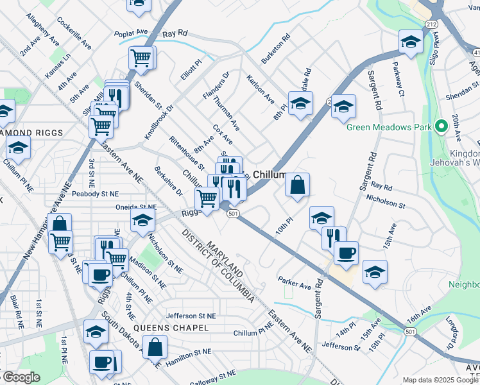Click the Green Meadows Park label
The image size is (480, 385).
[389, 126]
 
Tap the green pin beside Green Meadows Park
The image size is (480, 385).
[440, 126]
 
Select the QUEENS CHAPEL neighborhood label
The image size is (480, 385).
[177, 328]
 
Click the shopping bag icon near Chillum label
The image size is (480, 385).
[297, 185]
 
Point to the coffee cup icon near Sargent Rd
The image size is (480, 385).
[345, 252]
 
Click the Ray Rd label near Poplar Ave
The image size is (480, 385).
[175, 32]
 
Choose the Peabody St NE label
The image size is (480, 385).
[96, 193]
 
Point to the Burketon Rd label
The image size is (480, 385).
[276, 49]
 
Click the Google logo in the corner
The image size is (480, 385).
[21, 378]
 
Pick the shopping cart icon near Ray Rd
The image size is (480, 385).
[142, 58]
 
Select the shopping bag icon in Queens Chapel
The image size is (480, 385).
[156, 348]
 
